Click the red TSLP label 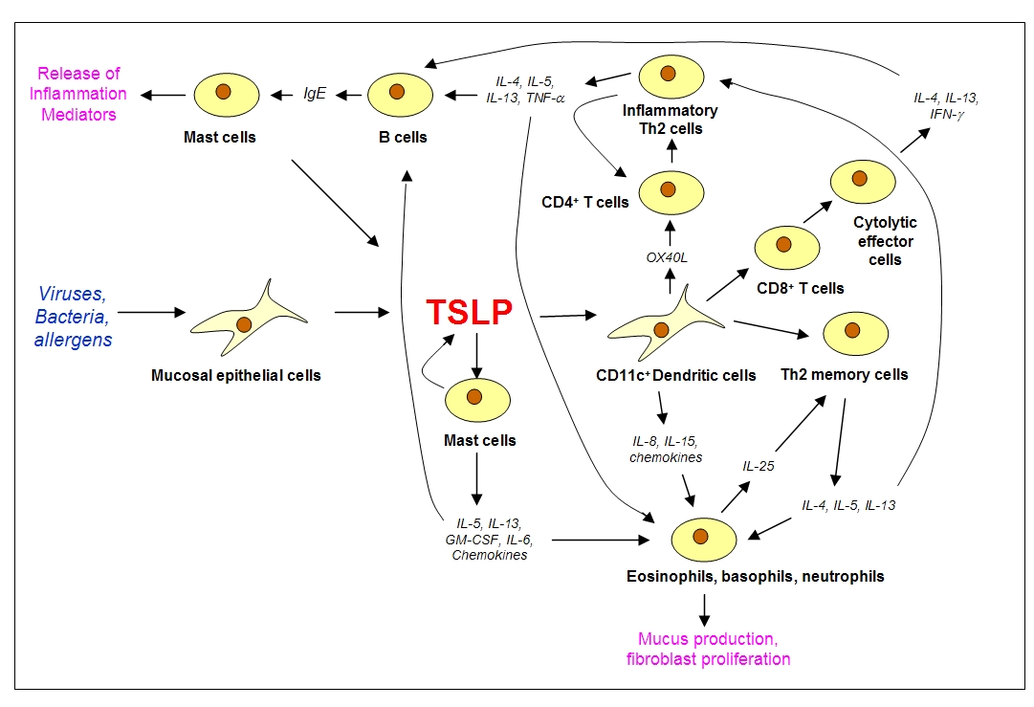pos(469,312)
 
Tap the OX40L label pos(667,257)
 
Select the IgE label pos(315,94)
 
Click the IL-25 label pos(759,466)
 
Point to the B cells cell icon pos(400,95)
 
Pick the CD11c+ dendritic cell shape pos(666,322)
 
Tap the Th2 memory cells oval pos(856,334)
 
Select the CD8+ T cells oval pos(786,248)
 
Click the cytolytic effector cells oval pos(863,182)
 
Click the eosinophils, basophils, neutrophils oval pos(704,540)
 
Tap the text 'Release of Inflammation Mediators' pos(78,94)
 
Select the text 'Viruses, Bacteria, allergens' pos(73,317)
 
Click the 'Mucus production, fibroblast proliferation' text pos(708,649)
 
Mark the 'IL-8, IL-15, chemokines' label pos(666,449)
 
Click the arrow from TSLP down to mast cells pos(476,355)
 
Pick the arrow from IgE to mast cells pos(281,95)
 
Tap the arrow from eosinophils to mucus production pos(704,610)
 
